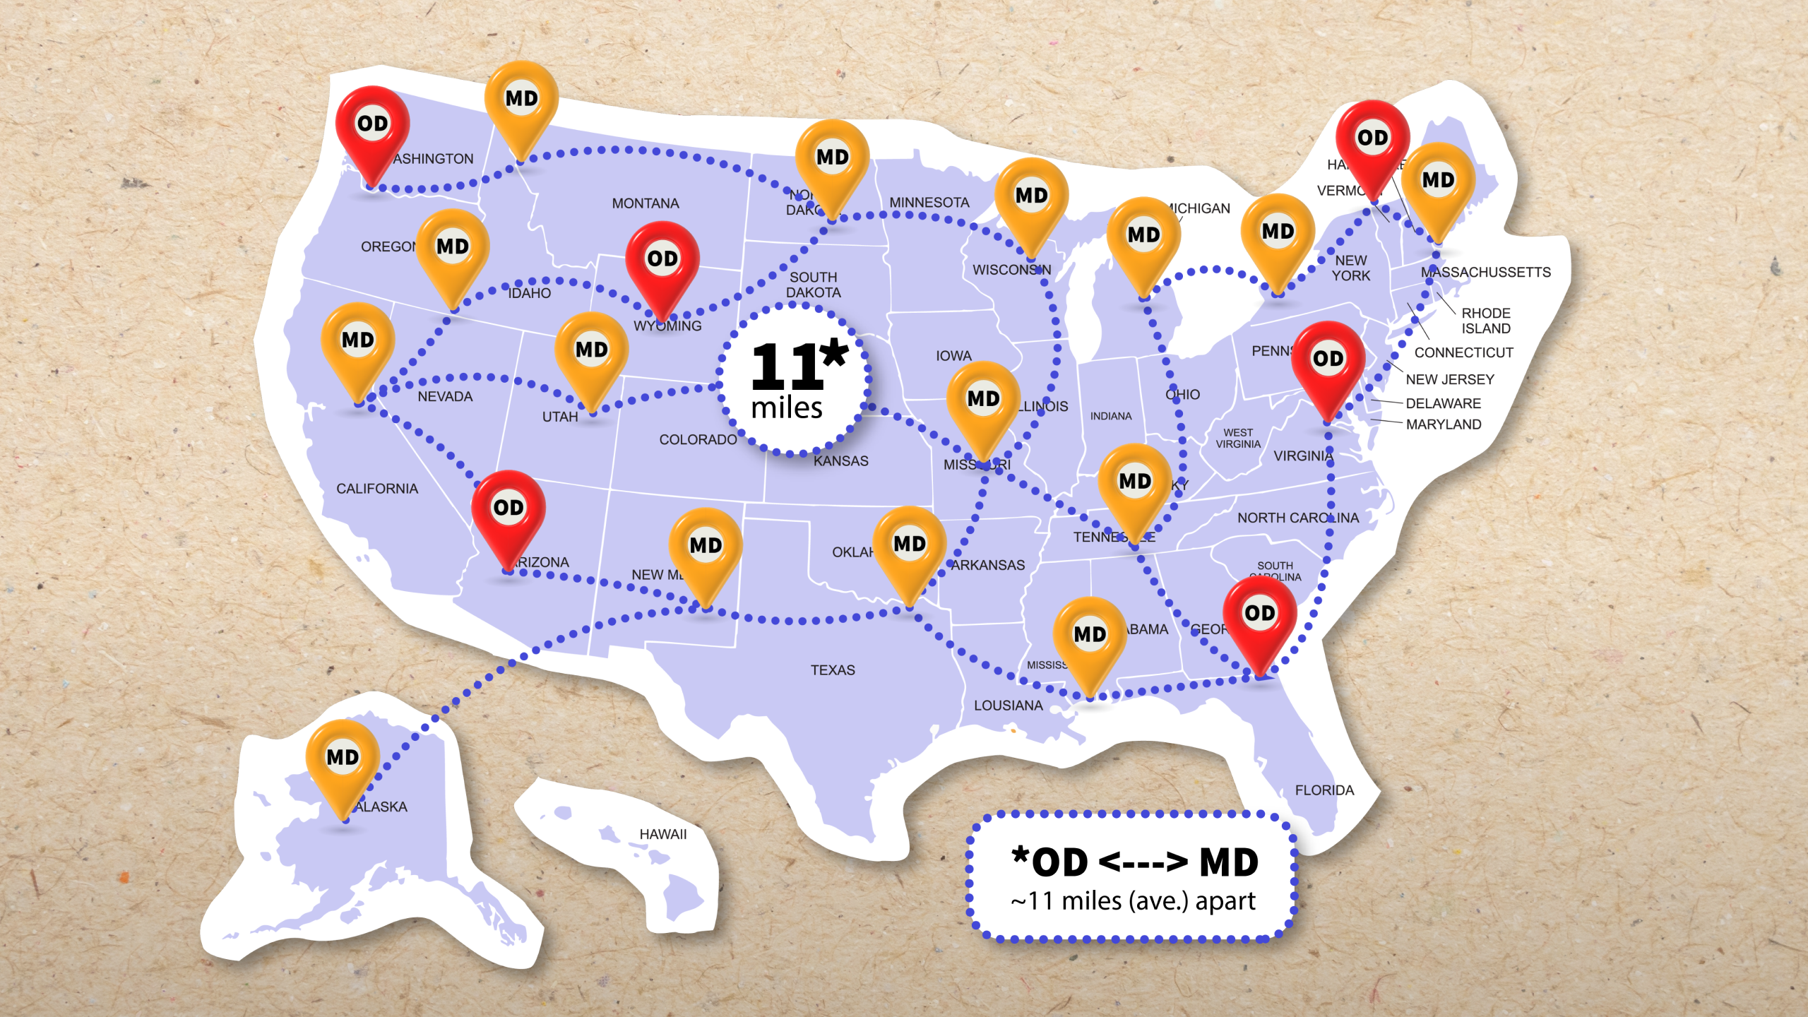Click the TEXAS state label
(x=833, y=670)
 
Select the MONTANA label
(x=646, y=204)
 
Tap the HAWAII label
(x=662, y=835)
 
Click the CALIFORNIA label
(x=377, y=489)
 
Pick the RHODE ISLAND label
(x=1486, y=321)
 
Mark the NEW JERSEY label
(x=1450, y=380)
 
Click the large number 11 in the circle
(x=787, y=367)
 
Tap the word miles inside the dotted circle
(x=787, y=409)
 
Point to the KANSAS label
(x=840, y=461)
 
